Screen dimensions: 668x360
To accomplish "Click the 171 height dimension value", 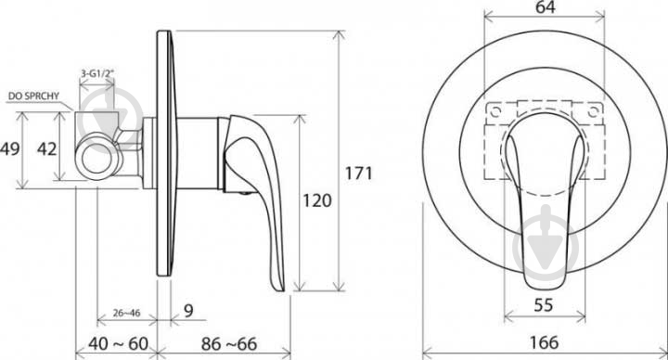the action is click(359, 174).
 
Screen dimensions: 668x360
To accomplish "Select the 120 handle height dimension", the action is click(317, 200).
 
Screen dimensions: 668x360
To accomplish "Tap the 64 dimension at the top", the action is click(546, 7).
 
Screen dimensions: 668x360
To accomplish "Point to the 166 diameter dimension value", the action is click(544, 342).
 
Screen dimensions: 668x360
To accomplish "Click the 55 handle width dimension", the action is click(544, 305).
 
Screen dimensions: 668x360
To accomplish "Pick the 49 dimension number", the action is click(10, 149).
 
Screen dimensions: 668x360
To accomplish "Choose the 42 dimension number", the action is click(47, 149).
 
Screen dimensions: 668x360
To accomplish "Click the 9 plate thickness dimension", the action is click(188, 311).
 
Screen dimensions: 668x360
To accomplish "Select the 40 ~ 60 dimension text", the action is click(119, 344).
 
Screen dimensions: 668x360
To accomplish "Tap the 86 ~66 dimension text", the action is click(229, 344).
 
